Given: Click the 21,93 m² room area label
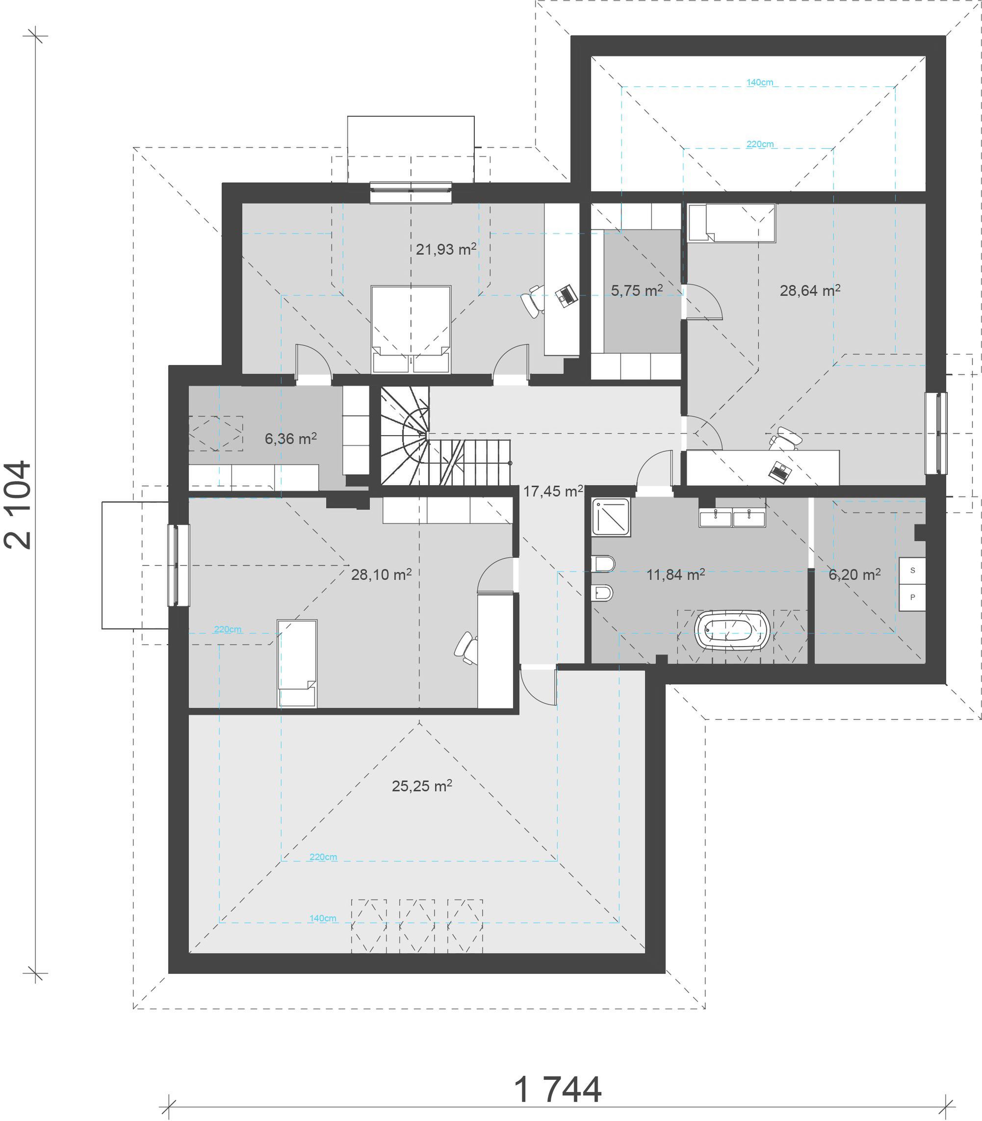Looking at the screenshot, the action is click(446, 249).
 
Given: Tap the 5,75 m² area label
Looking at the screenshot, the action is click(637, 290).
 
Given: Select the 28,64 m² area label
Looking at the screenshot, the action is click(810, 290).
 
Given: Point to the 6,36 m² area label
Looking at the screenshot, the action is click(290, 439).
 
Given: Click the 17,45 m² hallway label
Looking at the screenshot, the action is click(553, 491).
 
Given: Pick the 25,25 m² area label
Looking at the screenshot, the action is click(422, 786).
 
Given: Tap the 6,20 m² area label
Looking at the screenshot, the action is click(854, 574).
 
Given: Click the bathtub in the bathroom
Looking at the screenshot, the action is click(732, 631).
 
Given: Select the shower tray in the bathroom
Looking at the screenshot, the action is click(611, 517).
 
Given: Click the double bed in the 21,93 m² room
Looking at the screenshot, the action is click(411, 330).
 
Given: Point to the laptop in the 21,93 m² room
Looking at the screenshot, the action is click(567, 295).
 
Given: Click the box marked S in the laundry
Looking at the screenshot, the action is click(912, 571).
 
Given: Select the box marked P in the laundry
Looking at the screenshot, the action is click(912, 598).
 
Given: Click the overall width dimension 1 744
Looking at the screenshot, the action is click(558, 1090).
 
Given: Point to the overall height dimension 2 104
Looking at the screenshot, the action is click(18, 505).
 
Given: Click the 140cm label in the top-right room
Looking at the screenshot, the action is click(759, 82).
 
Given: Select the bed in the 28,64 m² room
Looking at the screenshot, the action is click(731, 223).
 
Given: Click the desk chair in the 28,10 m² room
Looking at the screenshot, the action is click(466, 649).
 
